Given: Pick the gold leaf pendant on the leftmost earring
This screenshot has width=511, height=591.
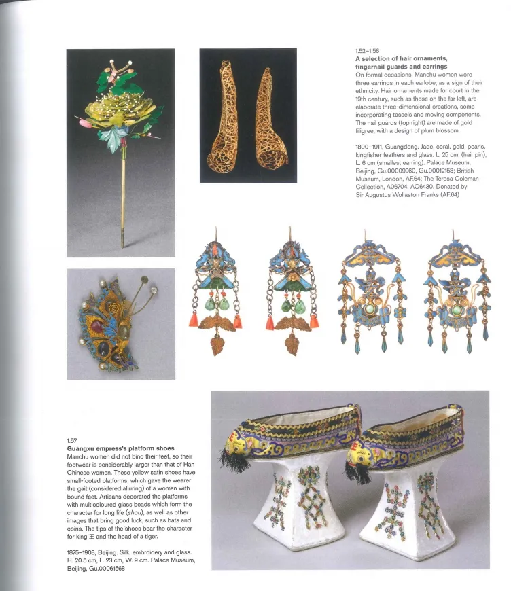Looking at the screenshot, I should click(217, 343).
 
